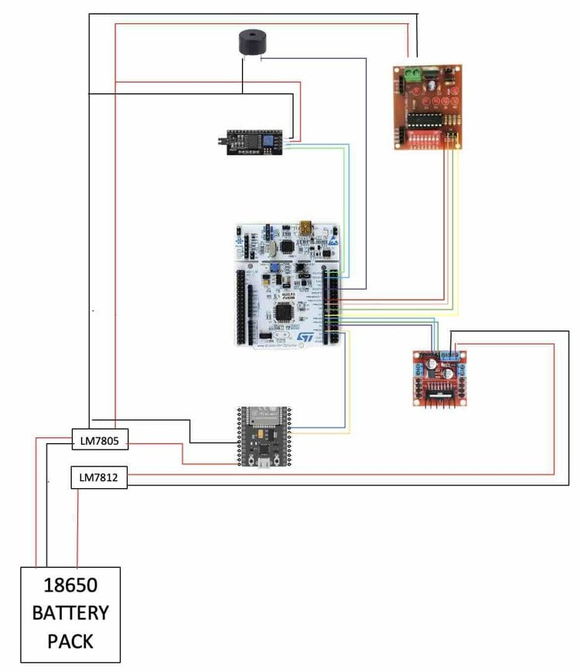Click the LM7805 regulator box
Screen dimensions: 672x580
pyautogui.click(x=100, y=441)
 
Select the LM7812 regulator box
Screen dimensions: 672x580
pyautogui.click(x=99, y=478)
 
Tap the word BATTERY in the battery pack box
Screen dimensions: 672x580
pyautogui.click(x=70, y=613)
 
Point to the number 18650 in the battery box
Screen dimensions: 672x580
pyautogui.click(x=70, y=585)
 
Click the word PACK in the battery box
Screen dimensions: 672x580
pyautogui.click(x=70, y=641)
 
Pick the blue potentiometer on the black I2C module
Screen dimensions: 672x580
pyautogui.click(x=269, y=141)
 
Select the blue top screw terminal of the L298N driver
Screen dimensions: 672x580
pyautogui.click(x=453, y=356)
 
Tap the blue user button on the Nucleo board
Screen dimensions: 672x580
pyautogui.click(x=273, y=267)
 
